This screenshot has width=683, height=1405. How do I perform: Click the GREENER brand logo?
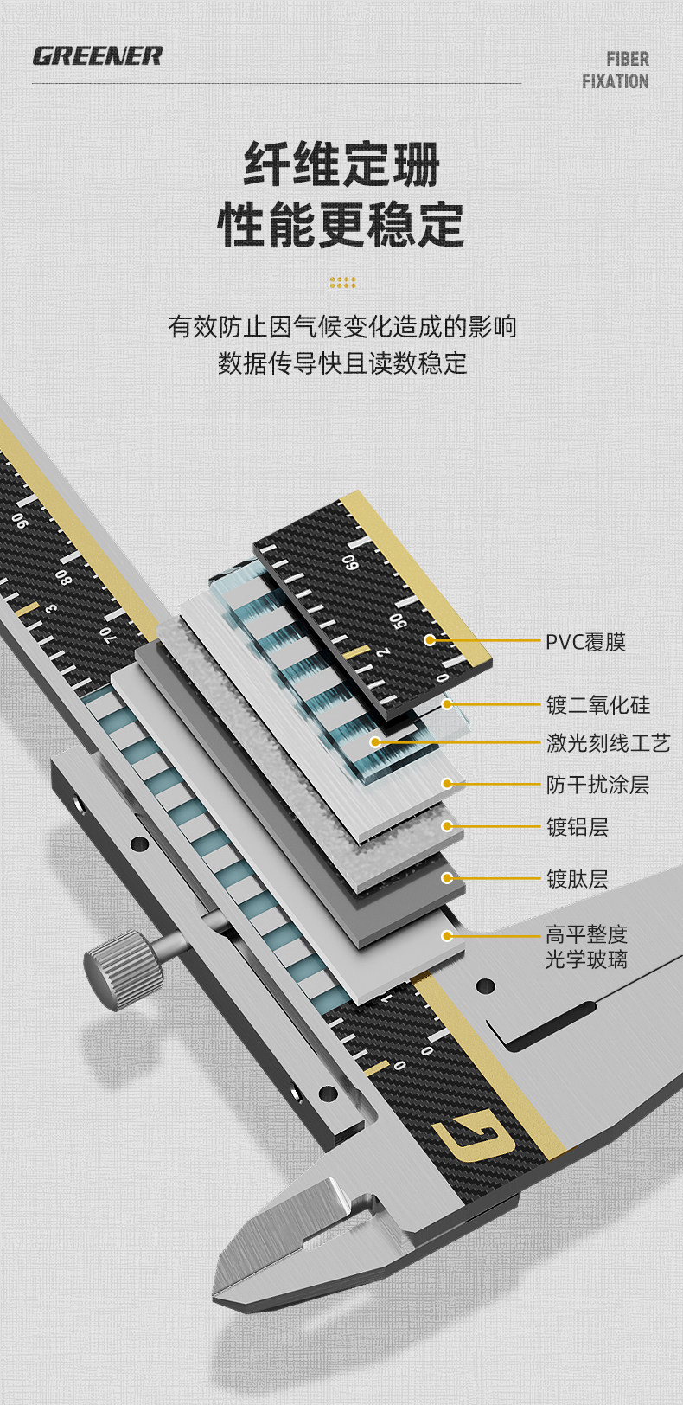(97, 56)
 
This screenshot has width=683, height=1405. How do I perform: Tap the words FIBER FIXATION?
(615, 70)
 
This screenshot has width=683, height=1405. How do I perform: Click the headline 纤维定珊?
(341, 164)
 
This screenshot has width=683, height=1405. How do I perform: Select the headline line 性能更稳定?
(341, 224)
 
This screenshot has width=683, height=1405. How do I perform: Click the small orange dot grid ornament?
(342, 282)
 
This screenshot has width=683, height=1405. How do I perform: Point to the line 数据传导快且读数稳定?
(342, 362)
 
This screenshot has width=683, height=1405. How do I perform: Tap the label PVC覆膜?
(585, 642)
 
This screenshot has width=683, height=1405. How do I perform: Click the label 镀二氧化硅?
(597, 704)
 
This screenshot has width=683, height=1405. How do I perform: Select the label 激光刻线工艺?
(608, 742)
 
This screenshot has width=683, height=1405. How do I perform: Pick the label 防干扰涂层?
(597, 785)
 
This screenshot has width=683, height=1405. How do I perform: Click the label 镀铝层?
(578, 827)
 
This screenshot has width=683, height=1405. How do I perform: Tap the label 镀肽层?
(578, 879)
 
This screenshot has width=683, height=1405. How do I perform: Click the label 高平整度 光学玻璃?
(586, 946)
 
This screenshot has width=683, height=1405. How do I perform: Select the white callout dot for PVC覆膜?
(430, 640)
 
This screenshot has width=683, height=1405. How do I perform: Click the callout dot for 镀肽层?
(447, 878)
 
